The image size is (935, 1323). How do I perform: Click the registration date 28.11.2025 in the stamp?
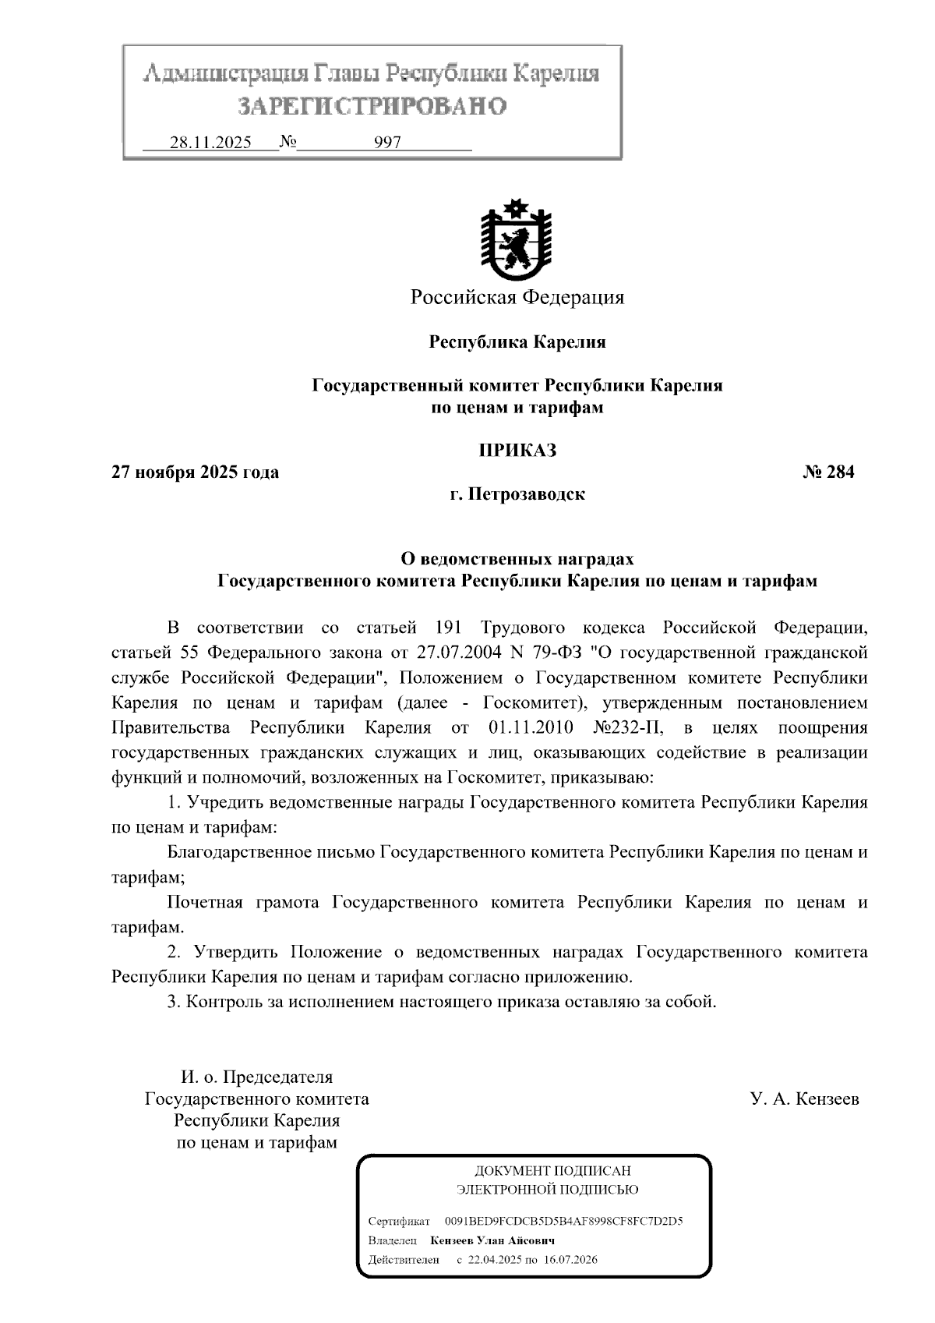pyautogui.click(x=210, y=143)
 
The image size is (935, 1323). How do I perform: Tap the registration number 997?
pyautogui.click(x=387, y=143)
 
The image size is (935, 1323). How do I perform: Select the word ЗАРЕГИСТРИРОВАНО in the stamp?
pyautogui.click(x=372, y=105)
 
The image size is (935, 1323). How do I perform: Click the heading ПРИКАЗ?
pyautogui.click(x=517, y=450)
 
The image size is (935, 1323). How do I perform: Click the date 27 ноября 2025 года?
pyautogui.click(x=196, y=472)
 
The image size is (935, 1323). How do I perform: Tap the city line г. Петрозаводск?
pyautogui.click(x=517, y=494)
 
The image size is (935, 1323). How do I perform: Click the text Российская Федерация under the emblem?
pyautogui.click(x=517, y=297)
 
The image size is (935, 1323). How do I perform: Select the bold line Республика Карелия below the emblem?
pyautogui.click(x=517, y=341)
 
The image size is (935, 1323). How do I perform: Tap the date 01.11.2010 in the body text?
pyautogui.click(x=531, y=727)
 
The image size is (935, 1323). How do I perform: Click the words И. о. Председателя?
pyautogui.click(x=256, y=1077)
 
